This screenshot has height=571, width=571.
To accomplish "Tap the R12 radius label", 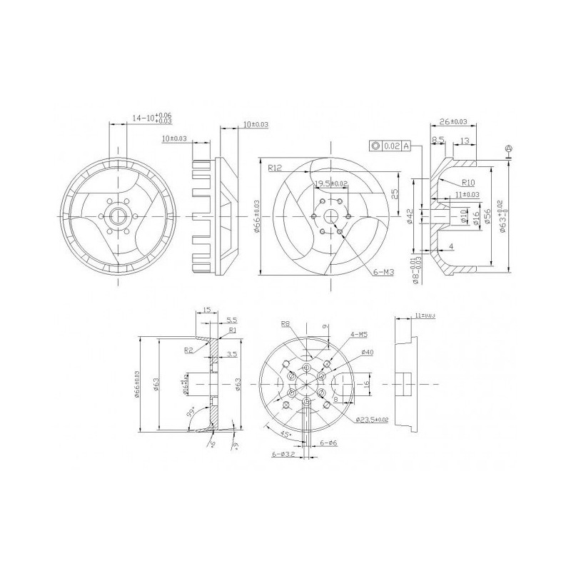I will pos(276,169).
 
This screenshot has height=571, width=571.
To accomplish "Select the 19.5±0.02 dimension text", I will pos(331,183).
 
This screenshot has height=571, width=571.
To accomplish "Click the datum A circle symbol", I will pos(508,148).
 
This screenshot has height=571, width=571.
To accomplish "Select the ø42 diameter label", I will pos(410,216).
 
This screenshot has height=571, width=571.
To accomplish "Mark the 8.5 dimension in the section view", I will pos(438,140).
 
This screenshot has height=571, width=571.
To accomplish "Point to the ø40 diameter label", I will pos(368,352).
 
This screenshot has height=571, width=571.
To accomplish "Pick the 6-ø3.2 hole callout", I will pos(283,453).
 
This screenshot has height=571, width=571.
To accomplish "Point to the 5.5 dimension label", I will pos(232,320).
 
